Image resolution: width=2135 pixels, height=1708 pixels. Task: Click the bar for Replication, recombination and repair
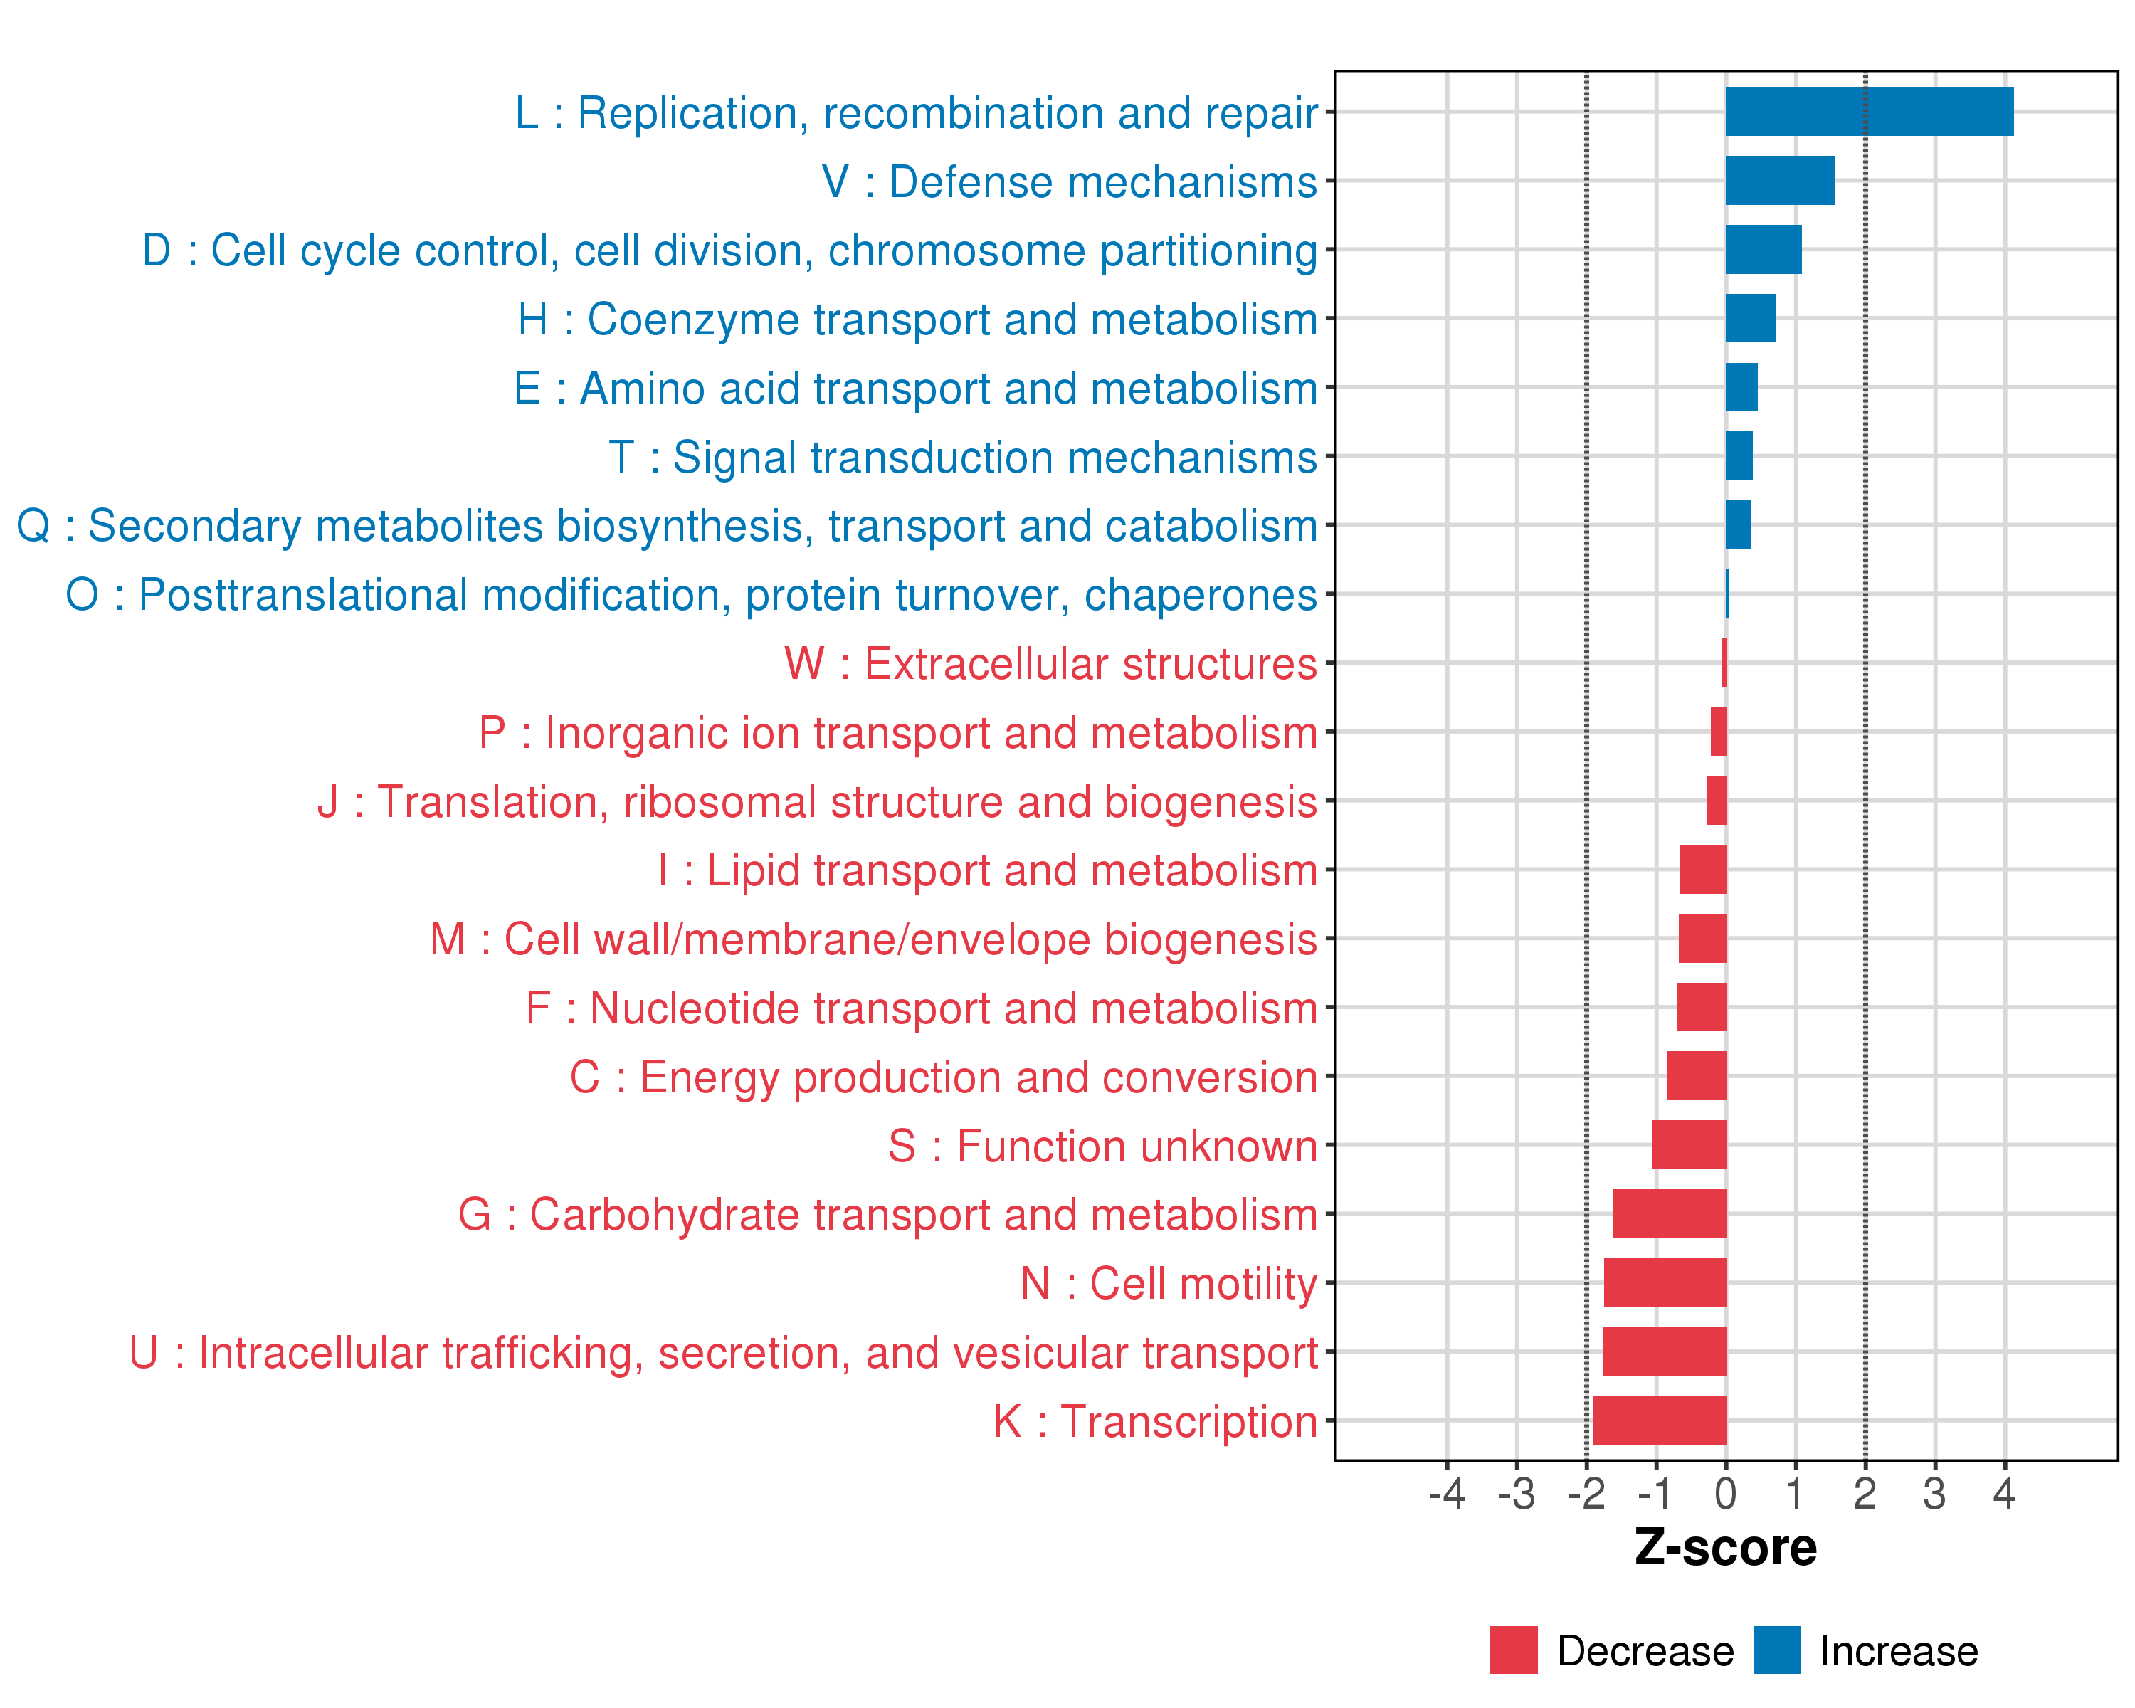[x=1869, y=111]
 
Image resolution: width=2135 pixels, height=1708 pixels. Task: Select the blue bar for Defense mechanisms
[x=1779, y=180]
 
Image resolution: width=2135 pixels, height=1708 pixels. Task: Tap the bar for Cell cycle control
[x=1763, y=250]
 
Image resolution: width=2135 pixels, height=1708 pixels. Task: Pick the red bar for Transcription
[x=1659, y=1420]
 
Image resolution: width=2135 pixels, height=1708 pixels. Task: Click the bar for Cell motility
[x=1665, y=1282]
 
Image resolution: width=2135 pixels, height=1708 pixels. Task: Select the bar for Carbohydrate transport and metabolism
[x=1670, y=1213]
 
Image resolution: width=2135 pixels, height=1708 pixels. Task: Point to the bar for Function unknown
[x=1688, y=1144]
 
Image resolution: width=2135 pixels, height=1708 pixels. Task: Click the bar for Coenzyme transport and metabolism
[x=1750, y=318]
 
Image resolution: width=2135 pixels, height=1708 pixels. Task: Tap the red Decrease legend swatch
[x=1513, y=1650]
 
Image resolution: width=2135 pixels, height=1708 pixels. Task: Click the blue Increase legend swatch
[x=1776, y=1650]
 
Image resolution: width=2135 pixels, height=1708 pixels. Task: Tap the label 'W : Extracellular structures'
[x=1050, y=663]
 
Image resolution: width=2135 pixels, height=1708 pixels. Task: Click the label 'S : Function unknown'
[x=1102, y=1146]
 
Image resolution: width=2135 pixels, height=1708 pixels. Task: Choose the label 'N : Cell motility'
[x=1169, y=1283]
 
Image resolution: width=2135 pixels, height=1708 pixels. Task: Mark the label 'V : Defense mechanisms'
[x=1070, y=181]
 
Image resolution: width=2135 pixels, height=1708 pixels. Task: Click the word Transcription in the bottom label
[x=1189, y=1421]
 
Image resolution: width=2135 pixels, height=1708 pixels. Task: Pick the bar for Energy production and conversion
[x=1697, y=1075]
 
